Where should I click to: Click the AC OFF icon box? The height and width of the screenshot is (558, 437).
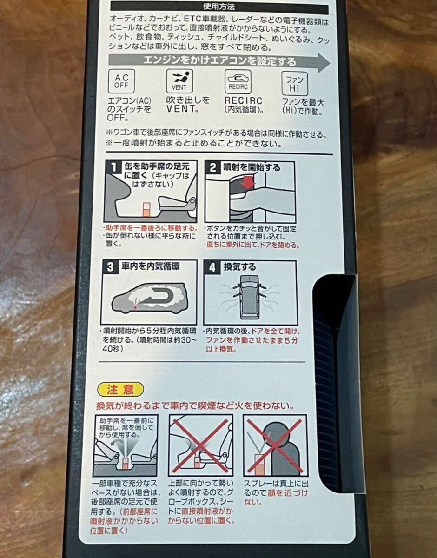tap(121, 81)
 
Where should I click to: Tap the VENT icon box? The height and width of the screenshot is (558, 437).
tap(179, 81)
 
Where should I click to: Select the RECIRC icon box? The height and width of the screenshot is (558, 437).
tap(238, 81)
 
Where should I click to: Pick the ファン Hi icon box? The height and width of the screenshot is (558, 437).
tap(294, 84)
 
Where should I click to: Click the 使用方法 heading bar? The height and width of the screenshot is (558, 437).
tap(219, 7)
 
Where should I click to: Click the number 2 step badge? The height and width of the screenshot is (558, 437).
tap(213, 168)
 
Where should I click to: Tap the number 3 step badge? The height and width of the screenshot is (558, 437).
tap(110, 267)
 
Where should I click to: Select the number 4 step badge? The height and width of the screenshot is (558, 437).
tap(212, 267)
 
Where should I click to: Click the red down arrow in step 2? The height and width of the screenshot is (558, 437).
tap(247, 183)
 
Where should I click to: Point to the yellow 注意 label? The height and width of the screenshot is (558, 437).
tap(120, 390)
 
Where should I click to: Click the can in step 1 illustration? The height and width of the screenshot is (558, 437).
tap(146, 210)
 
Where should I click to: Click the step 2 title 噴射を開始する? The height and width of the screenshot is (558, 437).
tap(252, 168)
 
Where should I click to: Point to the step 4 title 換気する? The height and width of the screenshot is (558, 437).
tap(240, 267)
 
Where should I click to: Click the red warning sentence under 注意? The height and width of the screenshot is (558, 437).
tap(195, 406)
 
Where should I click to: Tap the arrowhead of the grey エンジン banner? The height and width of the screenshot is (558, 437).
tap(324, 62)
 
